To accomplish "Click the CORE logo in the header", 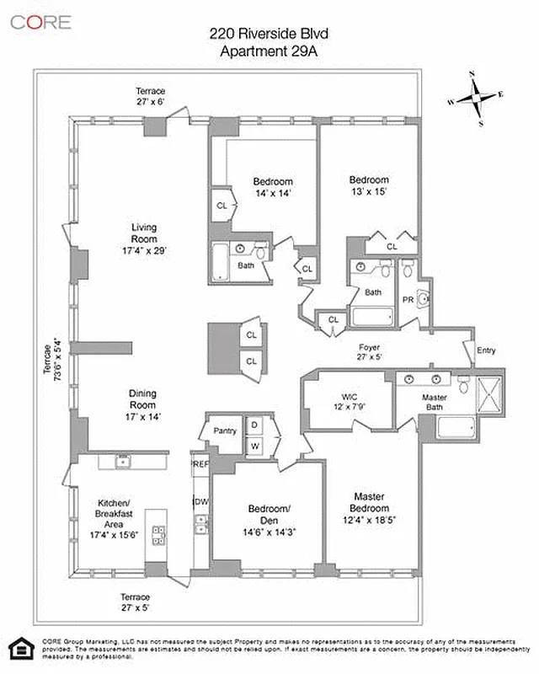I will click(x=40, y=22).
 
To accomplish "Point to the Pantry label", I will click(x=224, y=431).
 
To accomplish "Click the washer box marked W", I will click(x=254, y=444).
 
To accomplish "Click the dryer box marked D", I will click(x=254, y=425).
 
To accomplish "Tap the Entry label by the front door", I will click(x=486, y=350).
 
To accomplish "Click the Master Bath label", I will click(x=435, y=403).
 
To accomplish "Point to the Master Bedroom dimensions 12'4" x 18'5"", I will click(x=371, y=521).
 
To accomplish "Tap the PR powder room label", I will click(x=408, y=299).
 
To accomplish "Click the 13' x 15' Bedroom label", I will click(x=369, y=185).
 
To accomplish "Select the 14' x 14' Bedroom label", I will click(x=273, y=187).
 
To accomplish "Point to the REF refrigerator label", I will click(x=200, y=464).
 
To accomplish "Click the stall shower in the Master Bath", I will click(x=488, y=394).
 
